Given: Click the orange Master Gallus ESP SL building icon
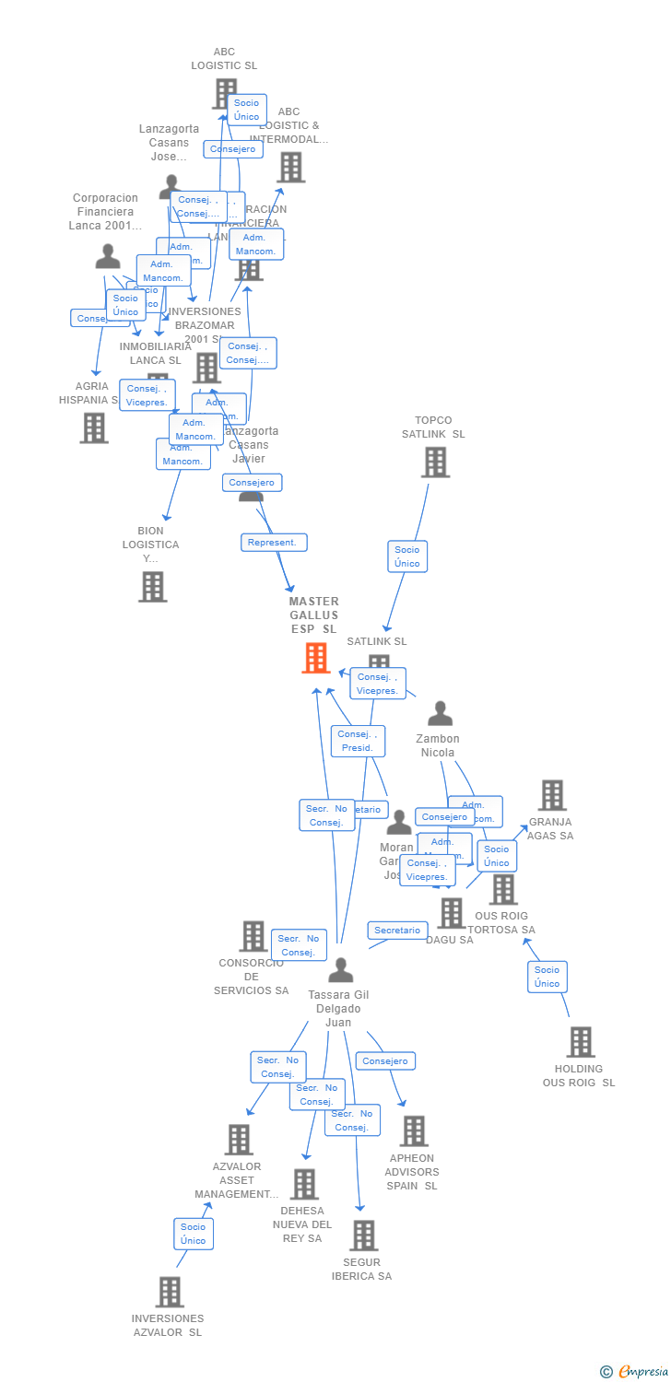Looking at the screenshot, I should coord(316,658).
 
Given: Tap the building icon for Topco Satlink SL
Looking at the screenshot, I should coord(435,462).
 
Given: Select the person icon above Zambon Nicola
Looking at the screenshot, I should coord(441,713).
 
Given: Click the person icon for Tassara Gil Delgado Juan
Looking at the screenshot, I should coord(341,970).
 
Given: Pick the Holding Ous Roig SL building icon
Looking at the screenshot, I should coord(580,1042).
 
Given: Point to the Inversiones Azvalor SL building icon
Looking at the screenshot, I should coord(170,1292).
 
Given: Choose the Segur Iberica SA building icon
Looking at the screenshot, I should coord(364,1236).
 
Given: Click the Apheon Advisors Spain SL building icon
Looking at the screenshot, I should coord(414,1131).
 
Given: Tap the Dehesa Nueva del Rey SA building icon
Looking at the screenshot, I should coord(304,1184).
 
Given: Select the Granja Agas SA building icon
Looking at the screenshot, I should coord(552,795).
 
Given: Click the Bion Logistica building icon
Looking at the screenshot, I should coord(153,586).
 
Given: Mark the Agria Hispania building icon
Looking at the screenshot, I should coord(94,427).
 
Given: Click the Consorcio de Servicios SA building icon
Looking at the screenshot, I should coord(253,936).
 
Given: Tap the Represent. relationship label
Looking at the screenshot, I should coord(274,543).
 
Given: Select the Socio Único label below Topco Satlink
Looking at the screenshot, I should coord(406,556).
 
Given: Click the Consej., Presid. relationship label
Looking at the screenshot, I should coord(358,741).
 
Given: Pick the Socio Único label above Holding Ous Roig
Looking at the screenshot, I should coord(547,977).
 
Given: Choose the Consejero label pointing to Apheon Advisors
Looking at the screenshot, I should coord(385,1061).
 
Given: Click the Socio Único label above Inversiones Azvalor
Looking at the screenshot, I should coord(194,1234).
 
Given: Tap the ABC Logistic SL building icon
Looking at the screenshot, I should coord(225,93).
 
